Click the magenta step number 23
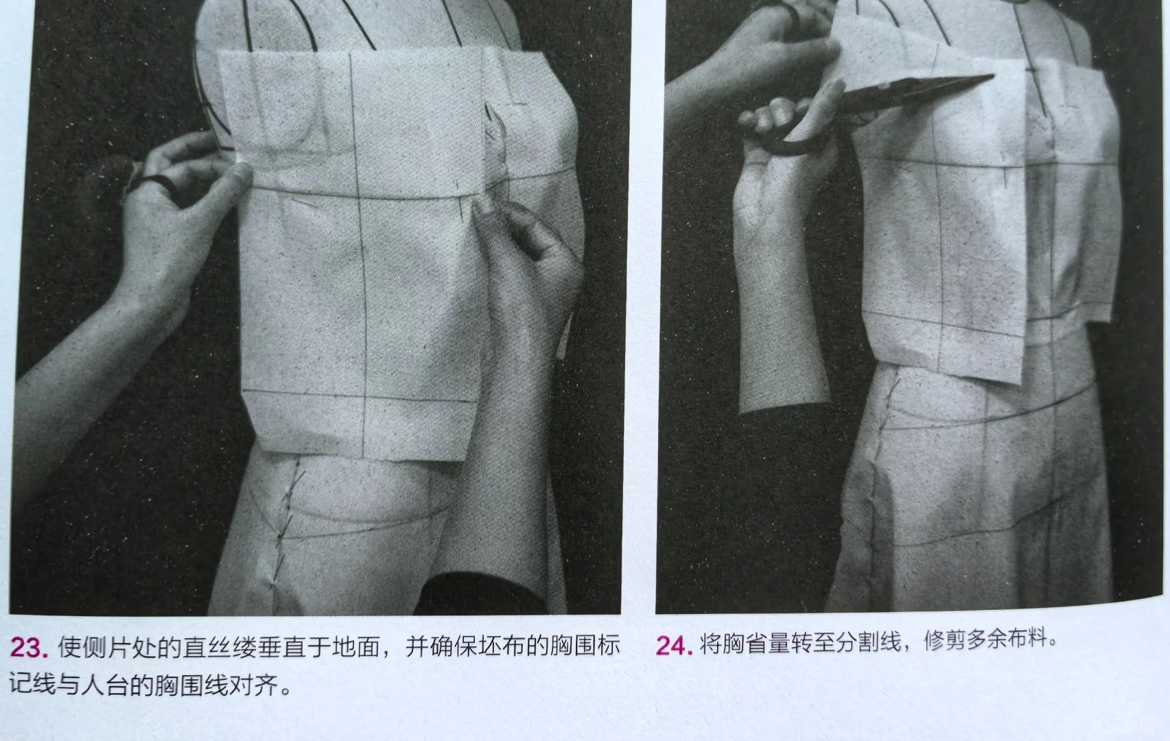coord(28,648)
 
